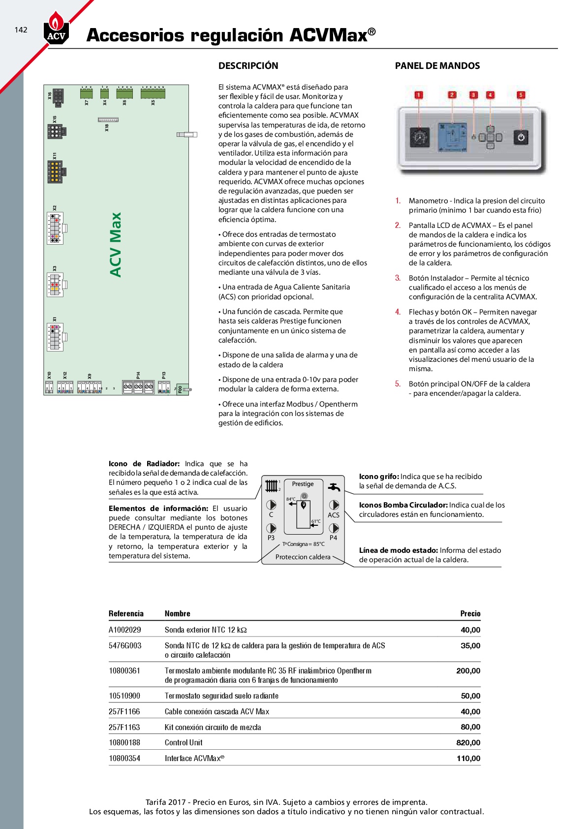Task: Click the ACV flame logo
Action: [56, 28]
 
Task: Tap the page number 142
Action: [21, 30]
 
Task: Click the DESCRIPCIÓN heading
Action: [248, 66]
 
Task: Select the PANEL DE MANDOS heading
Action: [437, 66]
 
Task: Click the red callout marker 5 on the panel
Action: [521, 95]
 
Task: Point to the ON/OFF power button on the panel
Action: [521, 137]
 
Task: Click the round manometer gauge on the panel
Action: [419, 138]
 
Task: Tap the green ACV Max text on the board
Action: [116, 245]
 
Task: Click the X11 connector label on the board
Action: [55, 156]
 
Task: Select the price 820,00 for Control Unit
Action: [468, 743]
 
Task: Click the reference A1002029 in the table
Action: [125, 630]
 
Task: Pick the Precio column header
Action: [470, 614]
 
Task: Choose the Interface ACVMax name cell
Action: [194, 759]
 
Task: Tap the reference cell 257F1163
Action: [124, 727]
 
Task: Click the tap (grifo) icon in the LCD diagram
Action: [334, 487]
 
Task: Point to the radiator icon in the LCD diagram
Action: [271, 486]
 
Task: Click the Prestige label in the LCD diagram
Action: [303, 484]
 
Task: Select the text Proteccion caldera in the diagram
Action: [303, 557]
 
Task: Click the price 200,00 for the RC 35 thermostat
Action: [468, 671]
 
